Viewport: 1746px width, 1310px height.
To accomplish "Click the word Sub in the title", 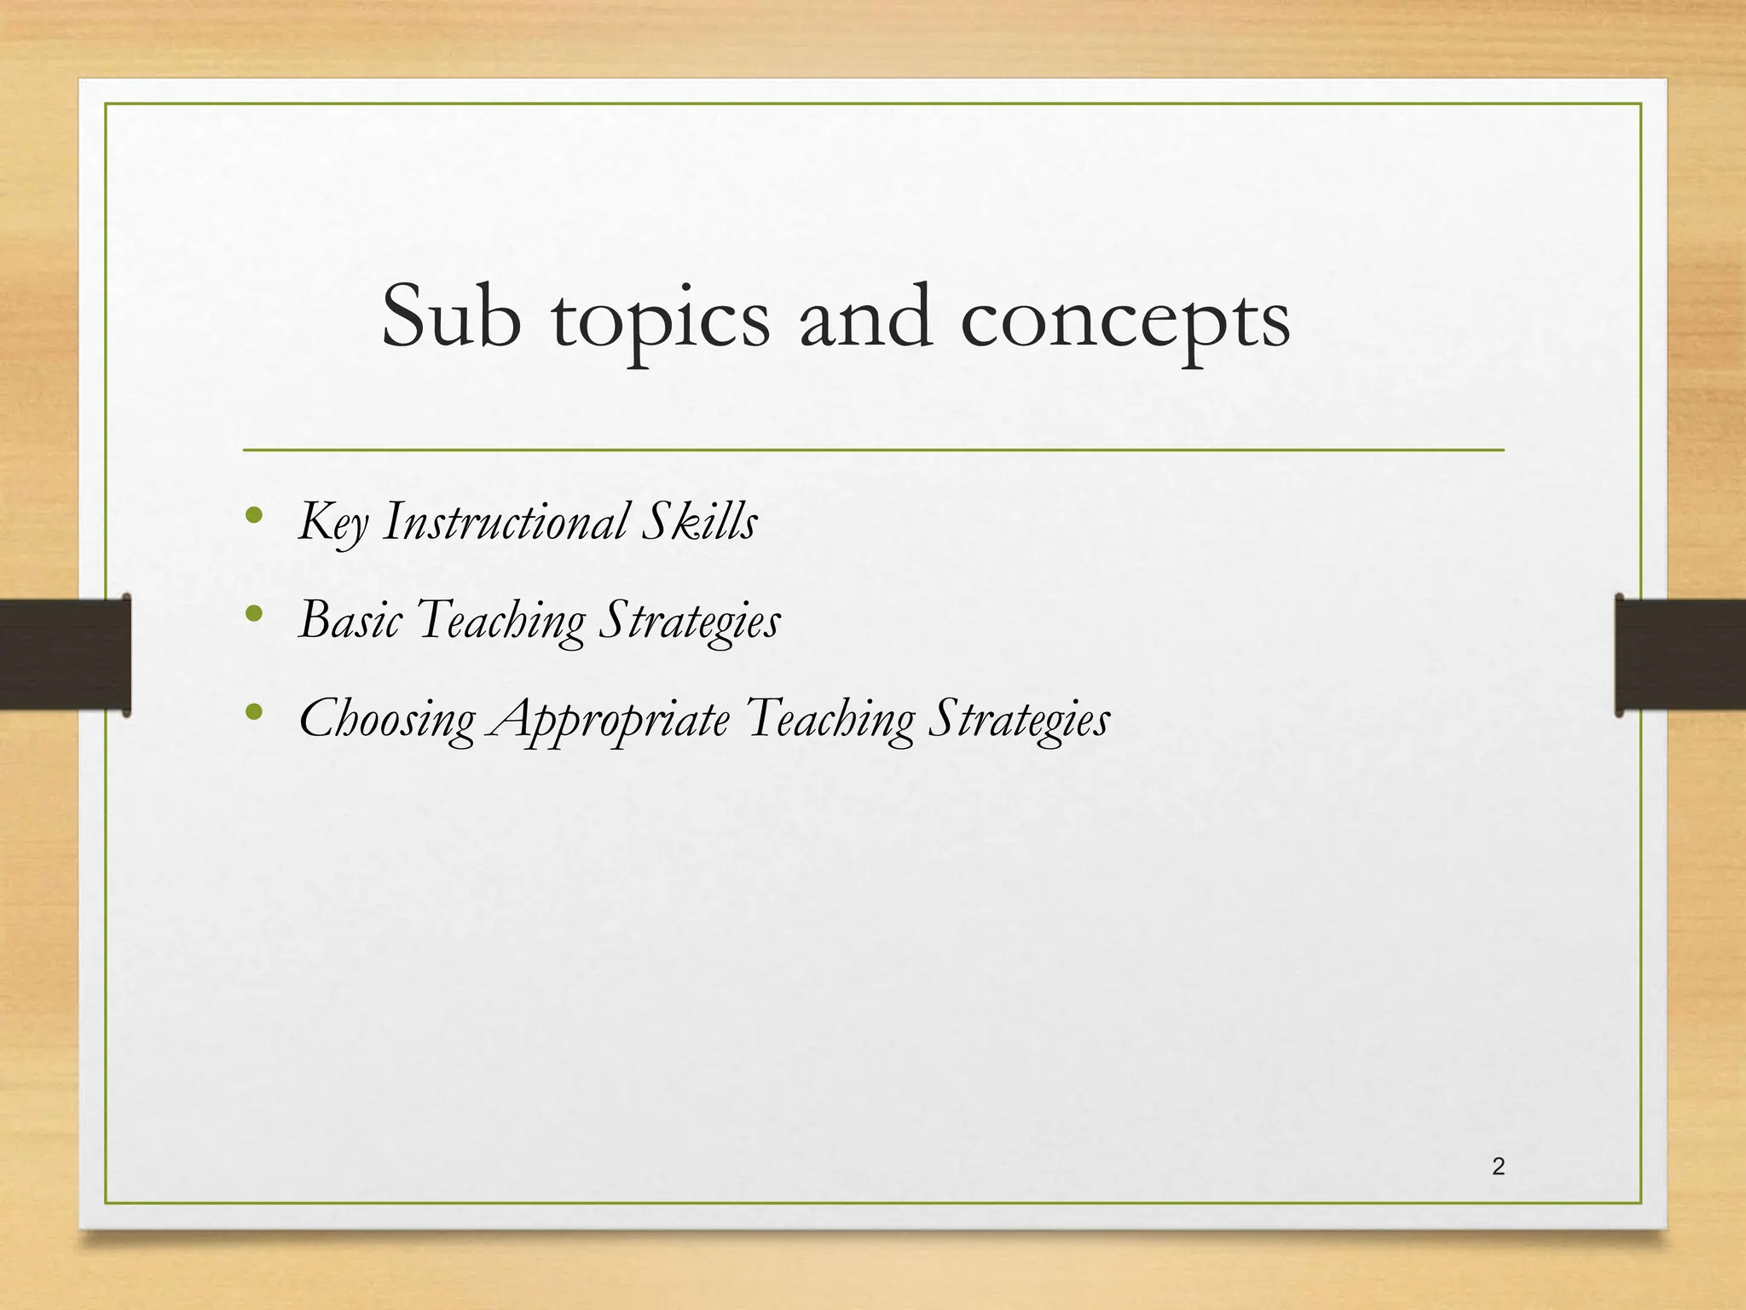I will pos(451,317).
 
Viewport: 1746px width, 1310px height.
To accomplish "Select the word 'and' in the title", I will pos(866,317).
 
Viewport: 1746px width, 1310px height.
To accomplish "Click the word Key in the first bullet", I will pos(333,522).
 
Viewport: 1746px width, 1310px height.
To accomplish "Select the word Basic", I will pos(350,619).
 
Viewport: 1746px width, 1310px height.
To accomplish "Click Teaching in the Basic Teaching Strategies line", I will pos(501,621).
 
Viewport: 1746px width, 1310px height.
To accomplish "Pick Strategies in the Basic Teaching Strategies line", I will pos(689,621).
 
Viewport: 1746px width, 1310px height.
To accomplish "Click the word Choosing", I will pos(386,719).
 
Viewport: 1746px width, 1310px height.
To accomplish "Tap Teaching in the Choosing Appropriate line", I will pos(830,719).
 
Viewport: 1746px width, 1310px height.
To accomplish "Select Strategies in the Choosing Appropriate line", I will pos(1019,719).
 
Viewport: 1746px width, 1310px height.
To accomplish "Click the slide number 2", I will pos(1498,1167).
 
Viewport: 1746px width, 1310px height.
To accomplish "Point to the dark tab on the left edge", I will pos(65,654).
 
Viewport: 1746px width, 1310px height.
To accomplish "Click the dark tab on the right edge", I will pos(1680,654).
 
